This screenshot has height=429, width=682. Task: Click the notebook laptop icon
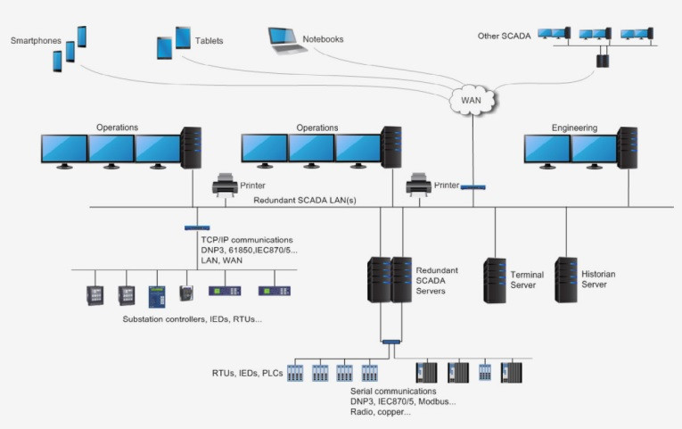[x=285, y=40]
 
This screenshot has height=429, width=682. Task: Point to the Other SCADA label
[x=504, y=36]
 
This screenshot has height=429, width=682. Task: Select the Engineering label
[x=574, y=128]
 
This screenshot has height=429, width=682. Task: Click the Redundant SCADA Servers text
[x=437, y=279]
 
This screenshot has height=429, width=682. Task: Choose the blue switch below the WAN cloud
[x=472, y=187]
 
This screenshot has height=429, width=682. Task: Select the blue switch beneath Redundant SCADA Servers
[x=390, y=342]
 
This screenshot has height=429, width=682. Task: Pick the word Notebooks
[x=323, y=39]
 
